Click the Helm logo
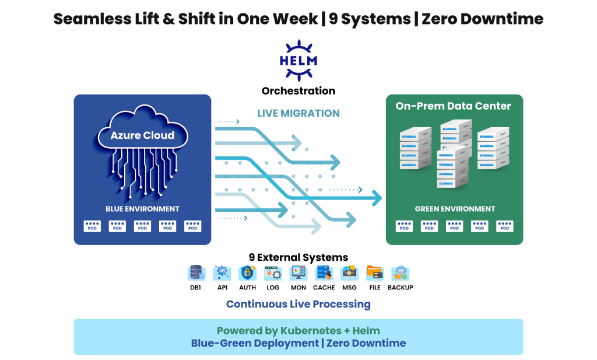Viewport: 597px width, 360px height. pyautogui.click(x=298, y=60)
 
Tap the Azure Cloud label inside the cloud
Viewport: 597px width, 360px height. pyautogui.click(x=142, y=135)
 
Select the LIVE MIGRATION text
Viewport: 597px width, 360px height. pyautogui.click(x=298, y=113)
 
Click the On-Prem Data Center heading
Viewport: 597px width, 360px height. pyautogui.click(x=453, y=106)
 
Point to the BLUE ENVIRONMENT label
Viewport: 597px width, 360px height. pyautogui.click(x=142, y=209)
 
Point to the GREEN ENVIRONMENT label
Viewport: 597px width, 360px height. pyautogui.click(x=455, y=209)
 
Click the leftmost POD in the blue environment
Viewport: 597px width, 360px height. pyautogui.click(x=92, y=226)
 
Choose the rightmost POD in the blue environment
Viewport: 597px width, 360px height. pyautogui.click(x=192, y=226)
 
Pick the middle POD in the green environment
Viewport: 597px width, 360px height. pyautogui.click(x=455, y=226)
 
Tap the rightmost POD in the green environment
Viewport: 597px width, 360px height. pyautogui.click(x=505, y=226)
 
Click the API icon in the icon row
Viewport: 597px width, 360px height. pyautogui.click(x=222, y=272)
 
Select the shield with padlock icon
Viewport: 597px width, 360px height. pyautogui.click(x=247, y=272)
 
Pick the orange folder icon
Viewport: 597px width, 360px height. pyautogui.click(x=374, y=272)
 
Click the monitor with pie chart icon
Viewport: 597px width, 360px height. pyautogui.click(x=298, y=272)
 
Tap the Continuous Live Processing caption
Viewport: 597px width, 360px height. pyautogui.click(x=298, y=304)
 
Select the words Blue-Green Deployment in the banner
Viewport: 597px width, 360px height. pyautogui.click(x=254, y=343)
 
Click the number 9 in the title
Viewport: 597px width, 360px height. pyautogui.click(x=333, y=19)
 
